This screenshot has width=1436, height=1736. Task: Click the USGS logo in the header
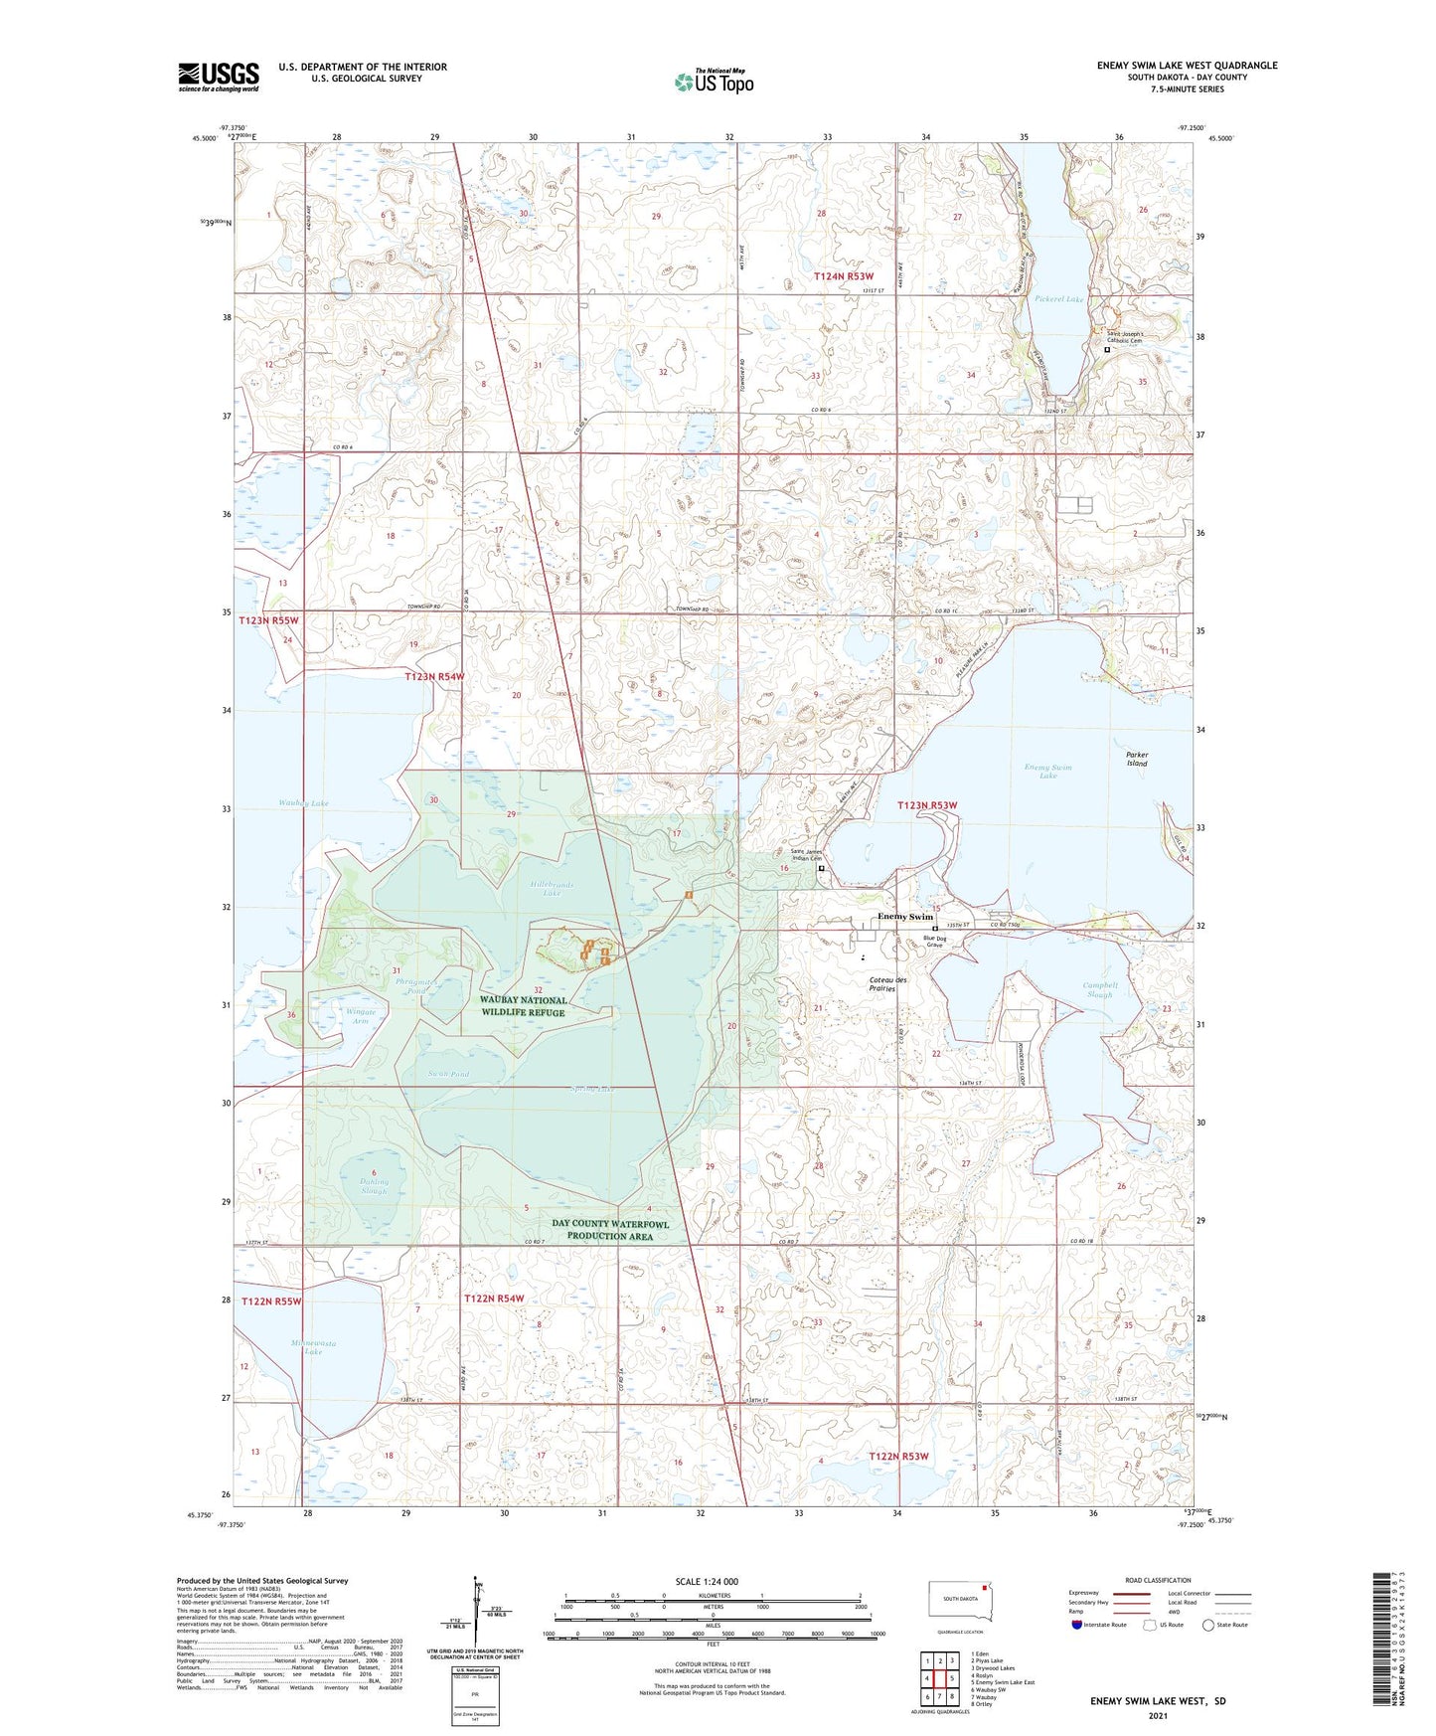(219, 77)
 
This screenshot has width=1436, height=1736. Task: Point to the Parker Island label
(1137, 759)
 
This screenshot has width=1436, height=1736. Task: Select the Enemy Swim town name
(904, 917)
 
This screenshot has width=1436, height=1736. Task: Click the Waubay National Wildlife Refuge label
(523, 1006)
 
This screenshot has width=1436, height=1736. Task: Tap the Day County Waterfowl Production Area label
(610, 1230)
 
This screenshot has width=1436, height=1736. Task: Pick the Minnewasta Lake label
(313, 1347)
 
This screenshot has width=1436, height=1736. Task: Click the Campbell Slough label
(1100, 989)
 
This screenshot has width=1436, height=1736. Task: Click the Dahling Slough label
(374, 1185)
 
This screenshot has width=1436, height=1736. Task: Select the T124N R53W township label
(844, 276)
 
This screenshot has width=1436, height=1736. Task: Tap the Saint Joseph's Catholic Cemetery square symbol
(1107, 350)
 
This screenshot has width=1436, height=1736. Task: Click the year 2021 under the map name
(1157, 1715)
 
